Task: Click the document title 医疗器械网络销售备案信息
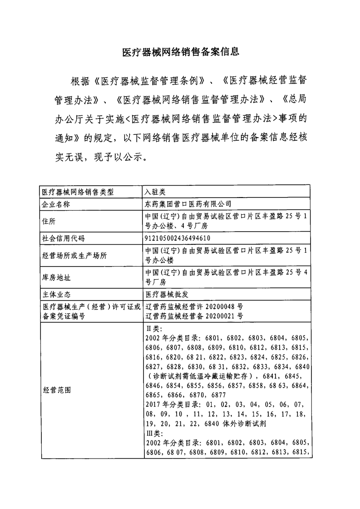click(x=181, y=52)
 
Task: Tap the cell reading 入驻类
click(x=155, y=192)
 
